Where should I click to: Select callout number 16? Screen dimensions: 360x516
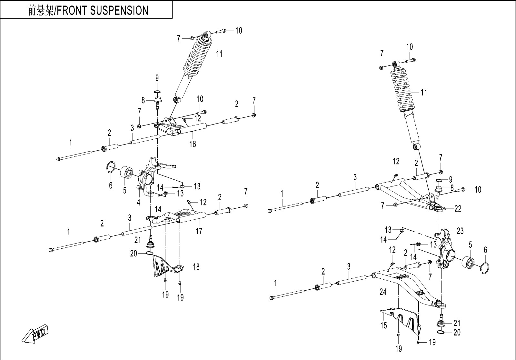click(193, 144)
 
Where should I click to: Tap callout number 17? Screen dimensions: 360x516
click(199, 231)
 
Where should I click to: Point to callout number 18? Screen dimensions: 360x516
click(196, 267)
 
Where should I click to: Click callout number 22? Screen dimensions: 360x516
click(458, 209)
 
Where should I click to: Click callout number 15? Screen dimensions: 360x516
click(383, 326)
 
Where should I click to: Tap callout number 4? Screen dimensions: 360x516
click(138, 203)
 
